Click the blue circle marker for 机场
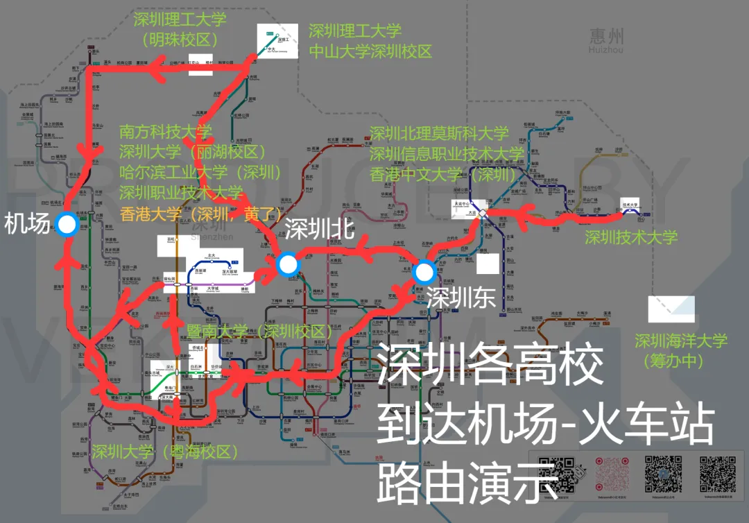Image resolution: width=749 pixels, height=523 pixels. [67, 224]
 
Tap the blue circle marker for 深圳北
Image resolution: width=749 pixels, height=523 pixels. [286, 264]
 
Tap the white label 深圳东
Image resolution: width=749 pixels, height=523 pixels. [460, 298]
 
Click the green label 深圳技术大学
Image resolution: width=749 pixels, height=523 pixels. [630, 238]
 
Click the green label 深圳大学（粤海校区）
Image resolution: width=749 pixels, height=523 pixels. [165, 452]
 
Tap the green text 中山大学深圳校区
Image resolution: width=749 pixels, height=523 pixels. [370, 51]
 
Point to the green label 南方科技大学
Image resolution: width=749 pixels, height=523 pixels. [166, 132]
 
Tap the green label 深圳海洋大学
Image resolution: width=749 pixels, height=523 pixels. [681, 341]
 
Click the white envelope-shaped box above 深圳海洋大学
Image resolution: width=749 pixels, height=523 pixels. [671, 309]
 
